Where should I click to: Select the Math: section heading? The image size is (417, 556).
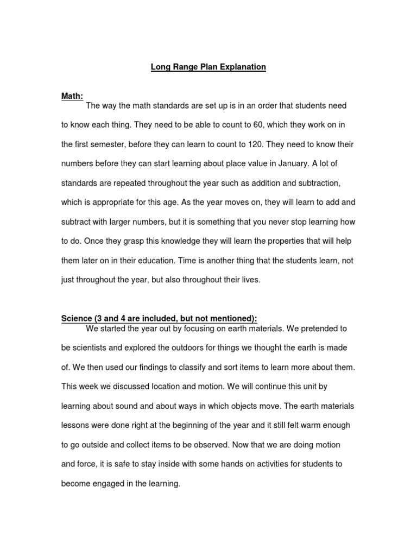point(72,96)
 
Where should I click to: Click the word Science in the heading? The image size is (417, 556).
point(77,319)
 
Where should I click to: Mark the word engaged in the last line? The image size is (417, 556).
point(115,483)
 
